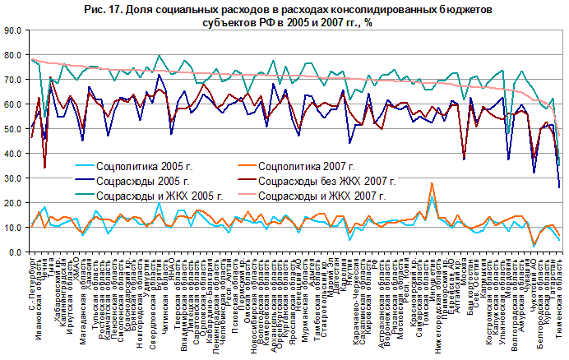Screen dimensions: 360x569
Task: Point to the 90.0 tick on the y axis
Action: (14, 31)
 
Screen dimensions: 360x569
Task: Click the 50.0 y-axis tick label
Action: (14, 129)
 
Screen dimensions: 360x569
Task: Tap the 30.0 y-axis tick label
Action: (14, 178)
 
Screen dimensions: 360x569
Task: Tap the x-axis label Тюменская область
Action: (559, 291)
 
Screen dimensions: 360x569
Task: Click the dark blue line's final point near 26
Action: (560, 187)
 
